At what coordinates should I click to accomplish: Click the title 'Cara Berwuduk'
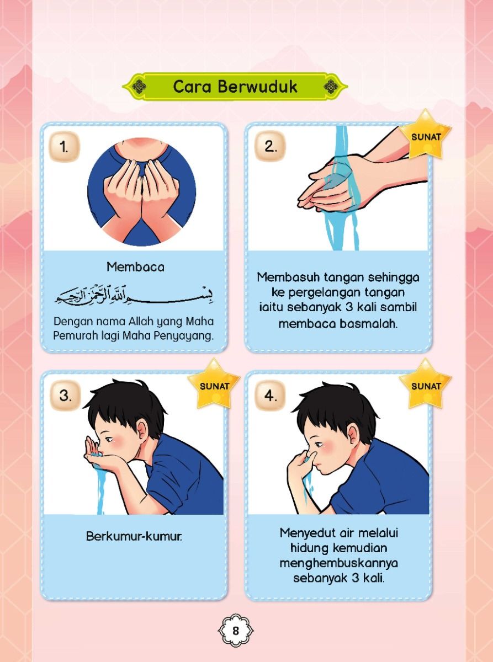pos(235,87)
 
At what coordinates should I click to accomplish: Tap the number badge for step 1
pos(64,147)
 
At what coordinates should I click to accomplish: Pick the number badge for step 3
pos(64,396)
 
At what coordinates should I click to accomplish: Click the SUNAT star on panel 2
pos(426,136)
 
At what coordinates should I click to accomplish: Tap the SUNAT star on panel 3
pos(214,385)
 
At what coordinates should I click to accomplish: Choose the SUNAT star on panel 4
pos(426,385)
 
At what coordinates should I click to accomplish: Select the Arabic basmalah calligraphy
pos(134,296)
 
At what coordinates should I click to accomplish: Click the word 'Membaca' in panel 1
pos(135,267)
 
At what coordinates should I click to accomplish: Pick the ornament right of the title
pos(331,87)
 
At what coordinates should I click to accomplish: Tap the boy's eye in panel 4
pos(320,443)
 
